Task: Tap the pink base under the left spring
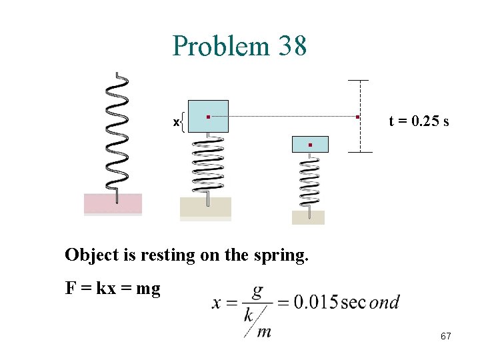click(113, 203)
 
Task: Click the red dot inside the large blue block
click(208, 117)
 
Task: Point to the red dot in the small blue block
click(310, 145)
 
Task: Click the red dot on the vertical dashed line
click(358, 117)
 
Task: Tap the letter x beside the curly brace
click(176, 122)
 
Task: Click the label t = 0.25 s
click(419, 121)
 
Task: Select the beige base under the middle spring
click(205, 207)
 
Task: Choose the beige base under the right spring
click(308, 217)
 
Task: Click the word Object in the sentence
click(89, 255)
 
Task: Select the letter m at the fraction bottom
click(264, 331)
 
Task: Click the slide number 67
click(445, 337)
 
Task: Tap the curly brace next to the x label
click(183, 122)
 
